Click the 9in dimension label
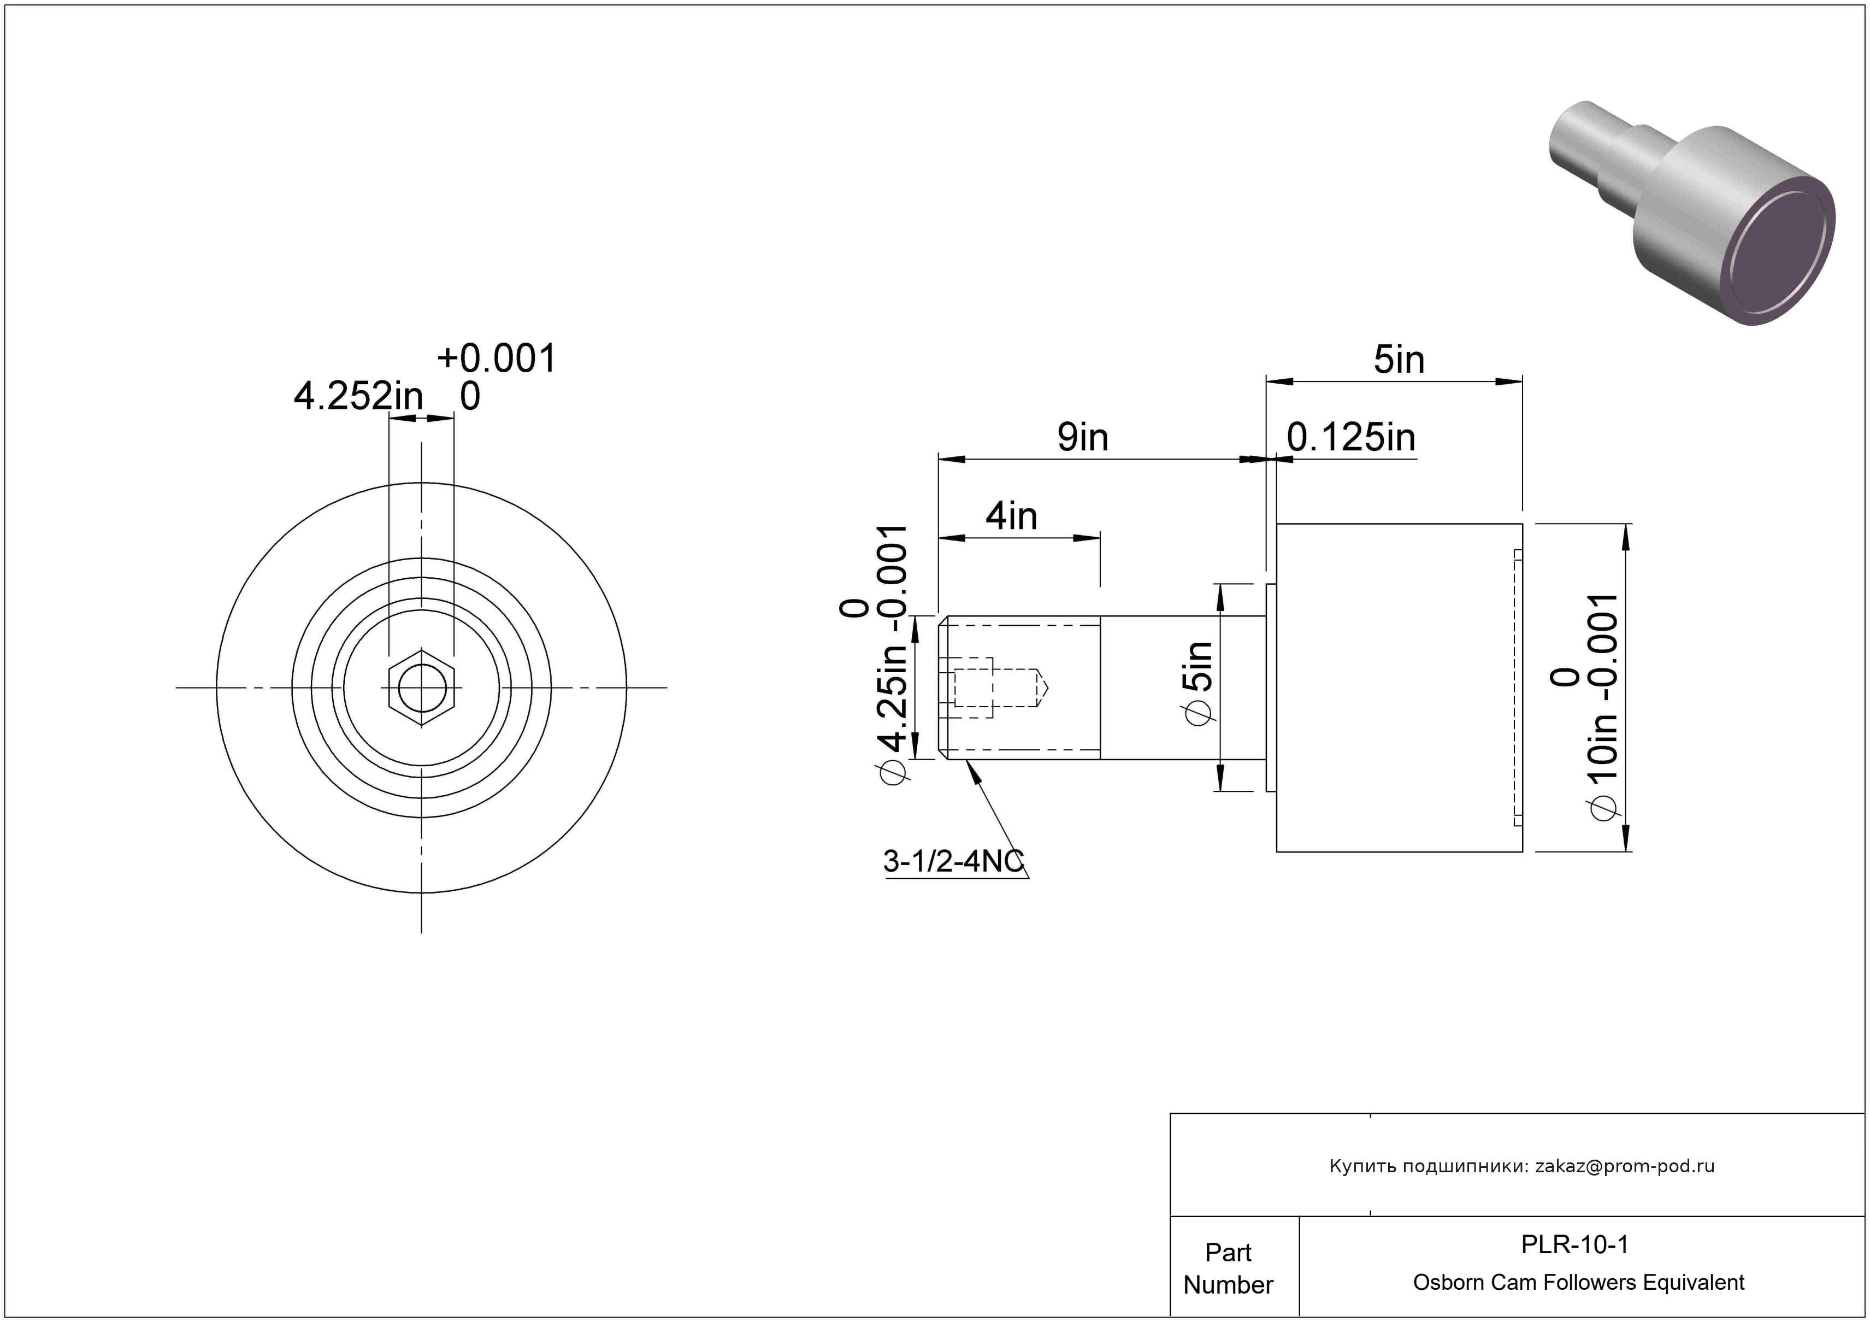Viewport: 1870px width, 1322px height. pos(1082,437)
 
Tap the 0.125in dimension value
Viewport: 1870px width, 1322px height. pos(1350,437)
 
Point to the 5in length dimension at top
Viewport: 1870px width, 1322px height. pos(1399,360)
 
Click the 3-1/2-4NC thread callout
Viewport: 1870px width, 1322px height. pos(953,861)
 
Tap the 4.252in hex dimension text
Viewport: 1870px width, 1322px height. pos(358,397)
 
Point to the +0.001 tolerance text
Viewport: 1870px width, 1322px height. pos(496,359)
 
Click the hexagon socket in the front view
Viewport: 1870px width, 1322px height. pos(421,688)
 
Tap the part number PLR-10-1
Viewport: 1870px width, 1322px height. pos(1573,1244)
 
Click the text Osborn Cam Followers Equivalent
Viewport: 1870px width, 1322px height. pos(1578,1282)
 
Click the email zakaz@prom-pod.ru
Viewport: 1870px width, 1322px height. pos(1624,1166)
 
